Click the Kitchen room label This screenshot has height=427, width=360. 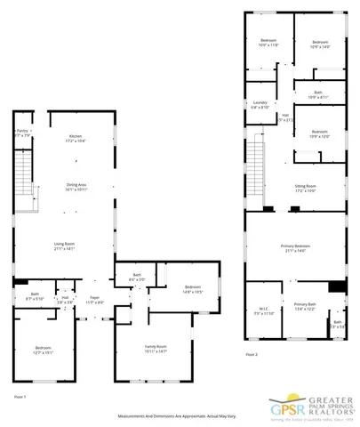pyautogui.click(x=61, y=139)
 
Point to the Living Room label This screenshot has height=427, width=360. pyautogui.click(x=61, y=246)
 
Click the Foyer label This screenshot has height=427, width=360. pyautogui.click(x=94, y=301)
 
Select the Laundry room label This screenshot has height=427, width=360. pyautogui.click(x=260, y=105)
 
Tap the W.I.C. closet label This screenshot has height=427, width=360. pyautogui.click(x=263, y=312)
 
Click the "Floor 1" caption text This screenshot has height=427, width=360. pyautogui.click(x=20, y=396)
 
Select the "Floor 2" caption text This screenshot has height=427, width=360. pyautogui.click(x=252, y=354)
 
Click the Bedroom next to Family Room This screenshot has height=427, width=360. pyautogui.click(x=193, y=289)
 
